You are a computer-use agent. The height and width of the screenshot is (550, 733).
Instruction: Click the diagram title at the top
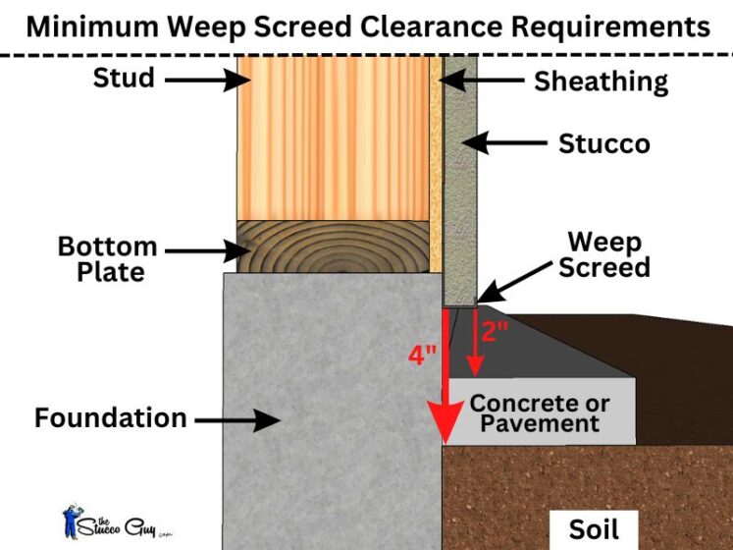[367, 26]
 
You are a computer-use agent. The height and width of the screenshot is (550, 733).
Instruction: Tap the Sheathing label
[601, 82]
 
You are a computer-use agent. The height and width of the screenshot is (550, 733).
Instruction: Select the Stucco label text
[603, 143]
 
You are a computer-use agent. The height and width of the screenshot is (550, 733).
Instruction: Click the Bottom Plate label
[107, 257]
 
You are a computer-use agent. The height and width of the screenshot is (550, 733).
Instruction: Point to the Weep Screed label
[604, 255]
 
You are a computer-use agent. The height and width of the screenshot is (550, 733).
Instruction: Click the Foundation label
[110, 417]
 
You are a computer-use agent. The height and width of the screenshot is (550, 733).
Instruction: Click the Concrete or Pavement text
[539, 413]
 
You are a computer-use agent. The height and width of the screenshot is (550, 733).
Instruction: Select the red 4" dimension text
[423, 353]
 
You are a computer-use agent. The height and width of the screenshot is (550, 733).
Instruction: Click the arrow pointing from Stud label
[212, 78]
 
